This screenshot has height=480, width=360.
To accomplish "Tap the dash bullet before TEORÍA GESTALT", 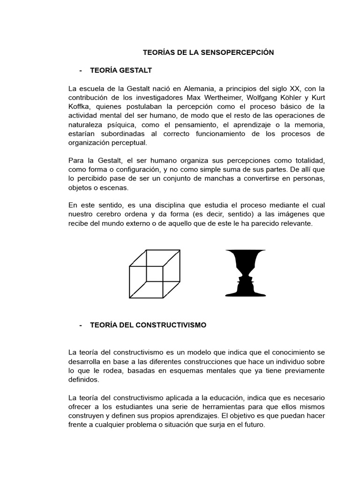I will pos(81,70).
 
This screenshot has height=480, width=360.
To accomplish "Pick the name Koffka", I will pos(79,106).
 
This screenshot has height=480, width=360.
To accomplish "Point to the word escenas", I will pos(114,187).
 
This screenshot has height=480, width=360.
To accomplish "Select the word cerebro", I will pos(110,214).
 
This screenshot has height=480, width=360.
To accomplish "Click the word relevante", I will pos(292,223).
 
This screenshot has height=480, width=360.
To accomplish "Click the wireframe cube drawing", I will pos(155,274).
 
